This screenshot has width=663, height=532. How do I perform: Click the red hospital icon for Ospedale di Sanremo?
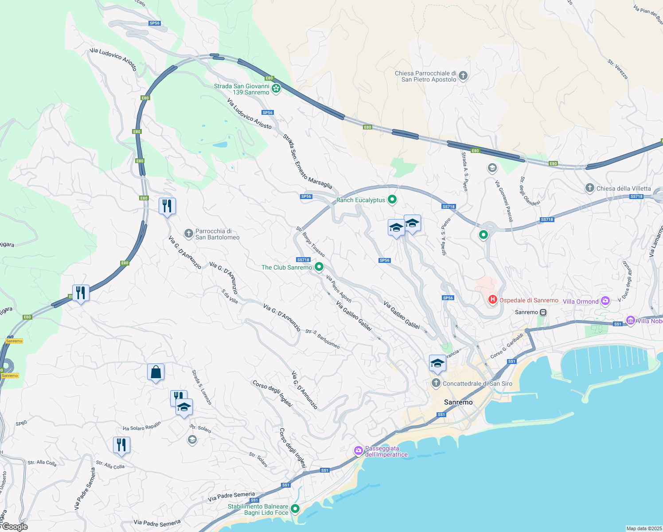[492, 300]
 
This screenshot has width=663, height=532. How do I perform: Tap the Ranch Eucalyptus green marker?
[392, 200]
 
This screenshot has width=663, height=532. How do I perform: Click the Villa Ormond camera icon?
[605, 301]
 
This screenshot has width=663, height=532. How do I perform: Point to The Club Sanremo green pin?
[319, 267]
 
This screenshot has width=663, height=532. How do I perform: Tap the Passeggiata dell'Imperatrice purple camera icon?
[358, 451]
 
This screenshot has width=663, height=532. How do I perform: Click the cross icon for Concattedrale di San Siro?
[436, 383]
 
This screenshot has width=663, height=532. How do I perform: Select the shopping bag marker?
[156, 372]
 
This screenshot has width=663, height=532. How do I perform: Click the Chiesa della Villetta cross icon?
[589, 188]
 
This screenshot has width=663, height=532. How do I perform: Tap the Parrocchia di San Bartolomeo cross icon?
[189, 233]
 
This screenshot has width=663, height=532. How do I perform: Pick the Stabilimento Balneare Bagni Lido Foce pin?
[295, 509]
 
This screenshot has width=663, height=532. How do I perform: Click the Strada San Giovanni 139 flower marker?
[276, 89]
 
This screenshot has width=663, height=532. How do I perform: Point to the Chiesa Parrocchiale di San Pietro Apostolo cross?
[463, 76]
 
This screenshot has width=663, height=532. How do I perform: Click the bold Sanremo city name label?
[458, 402]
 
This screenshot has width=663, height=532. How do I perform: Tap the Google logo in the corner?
[15, 527]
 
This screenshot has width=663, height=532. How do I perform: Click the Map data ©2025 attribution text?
[643, 528]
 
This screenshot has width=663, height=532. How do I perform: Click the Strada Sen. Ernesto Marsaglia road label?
[308, 161]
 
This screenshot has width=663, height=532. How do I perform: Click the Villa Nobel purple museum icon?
[631, 320]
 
